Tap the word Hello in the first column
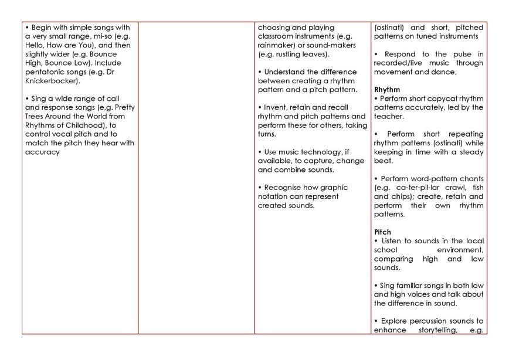coord(36,45)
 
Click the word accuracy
coord(42,152)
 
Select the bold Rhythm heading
coord(387,90)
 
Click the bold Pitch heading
coord(382,232)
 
